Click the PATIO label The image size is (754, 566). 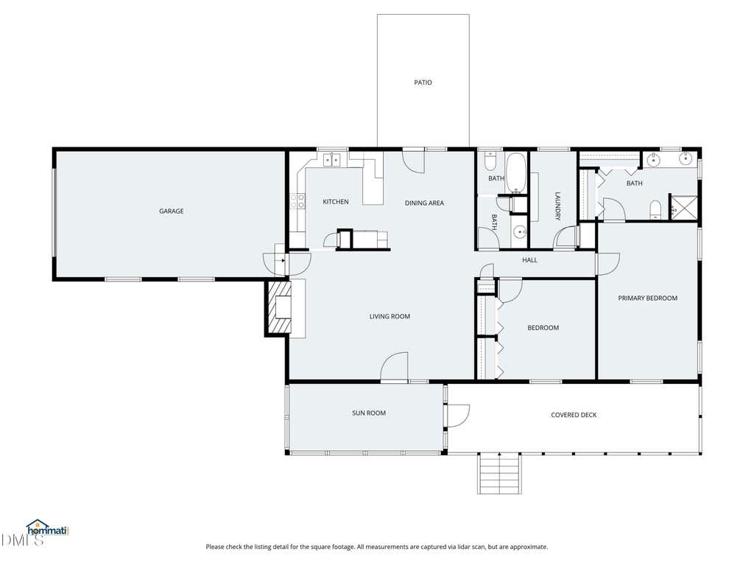click(x=423, y=83)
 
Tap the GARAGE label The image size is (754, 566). click(x=171, y=211)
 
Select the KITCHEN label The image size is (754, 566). click(x=336, y=202)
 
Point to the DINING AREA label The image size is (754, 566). click(x=424, y=203)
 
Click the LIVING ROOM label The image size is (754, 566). click(x=390, y=316)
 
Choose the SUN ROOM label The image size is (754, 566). click(x=369, y=413)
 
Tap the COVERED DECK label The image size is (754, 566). click(x=574, y=415)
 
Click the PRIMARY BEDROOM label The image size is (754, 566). click(x=648, y=298)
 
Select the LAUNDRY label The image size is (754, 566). click(x=558, y=206)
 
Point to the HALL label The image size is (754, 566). click(x=529, y=260)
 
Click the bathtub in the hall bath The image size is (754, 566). click(x=516, y=172)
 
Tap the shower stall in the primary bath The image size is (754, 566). click(x=684, y=207)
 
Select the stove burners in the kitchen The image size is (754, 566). click(x=297, y=201)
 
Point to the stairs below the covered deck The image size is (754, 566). click(x=499, y=473)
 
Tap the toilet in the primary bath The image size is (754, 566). click(x=655, y=210)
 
